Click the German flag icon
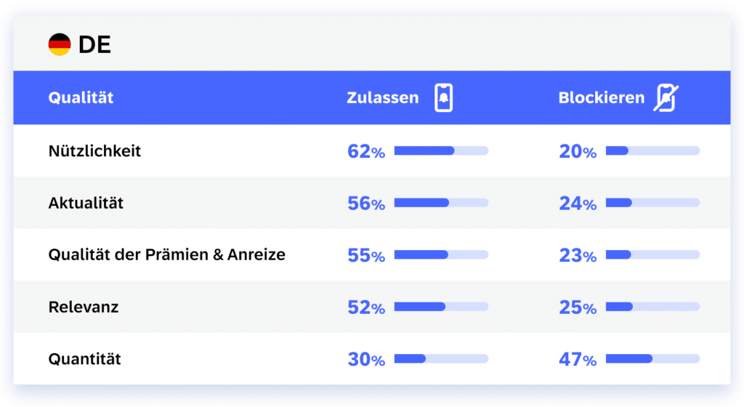click(x=60, y=45)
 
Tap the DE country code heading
click(x=94, y=45)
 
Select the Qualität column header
click(x=81, y=98)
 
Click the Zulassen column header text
click(x=383, y=98)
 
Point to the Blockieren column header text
click(x=602, y=98)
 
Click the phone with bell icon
click(x=443, y=98)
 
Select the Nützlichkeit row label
click(x=94, y=151)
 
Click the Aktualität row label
click(x=86, y=203)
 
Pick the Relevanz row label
click(x=84, y=307)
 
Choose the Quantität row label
click(x=84, y=359)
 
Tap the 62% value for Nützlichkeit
click(x=366, y=151)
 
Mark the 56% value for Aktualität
click(x=366, y=203)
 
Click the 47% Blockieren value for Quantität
click(x=578, y=359)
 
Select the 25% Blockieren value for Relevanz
click(x=578, y=307)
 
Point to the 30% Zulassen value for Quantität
click(x=366, y=359)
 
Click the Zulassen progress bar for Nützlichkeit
click(x=441, y=151)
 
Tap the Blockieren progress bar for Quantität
click(x=652, y=359)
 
